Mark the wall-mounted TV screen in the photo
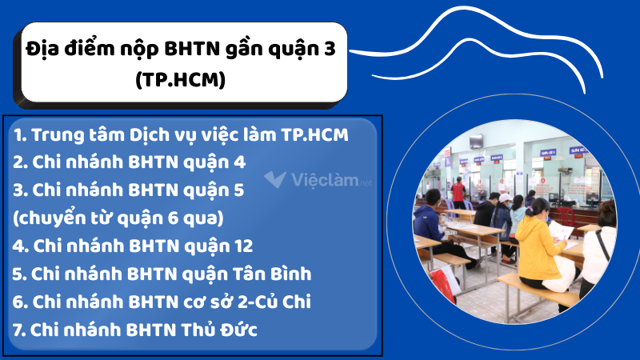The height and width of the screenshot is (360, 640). [477, 142]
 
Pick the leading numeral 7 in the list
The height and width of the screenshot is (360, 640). [18, 330]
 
